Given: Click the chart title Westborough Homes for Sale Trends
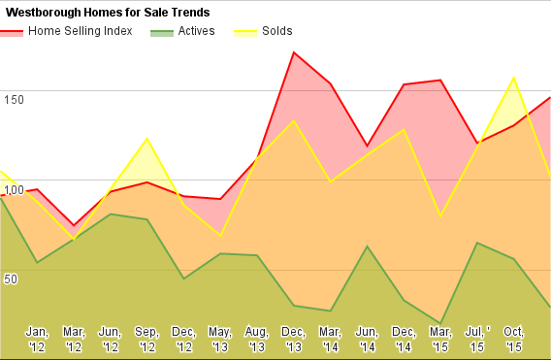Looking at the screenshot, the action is (108, 13).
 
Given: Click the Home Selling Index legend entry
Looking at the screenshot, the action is (66, 31).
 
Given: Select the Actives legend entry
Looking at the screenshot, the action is (182, 31).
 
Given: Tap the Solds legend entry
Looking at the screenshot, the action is (263, 31).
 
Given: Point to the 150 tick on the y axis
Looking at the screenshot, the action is (14, 100).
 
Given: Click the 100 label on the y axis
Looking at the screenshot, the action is (14, 190).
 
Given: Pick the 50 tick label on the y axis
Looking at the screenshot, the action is (11, 279).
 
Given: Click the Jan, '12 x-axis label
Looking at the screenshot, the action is (37, 340).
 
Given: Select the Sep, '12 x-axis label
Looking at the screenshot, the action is (146, 340).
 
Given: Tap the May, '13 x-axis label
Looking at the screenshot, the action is (220, 340).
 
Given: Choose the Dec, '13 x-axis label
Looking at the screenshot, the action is (294, 340).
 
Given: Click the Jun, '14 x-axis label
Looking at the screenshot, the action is (368, 340).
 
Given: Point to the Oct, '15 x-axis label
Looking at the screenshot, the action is (514, 340).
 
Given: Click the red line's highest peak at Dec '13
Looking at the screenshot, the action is (293, 52).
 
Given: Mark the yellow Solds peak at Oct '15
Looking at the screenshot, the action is (514, 78).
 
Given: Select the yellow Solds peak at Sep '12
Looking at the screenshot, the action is (147, 139).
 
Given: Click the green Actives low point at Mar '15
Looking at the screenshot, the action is (440, 323).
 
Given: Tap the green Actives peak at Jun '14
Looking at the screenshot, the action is (368, 246).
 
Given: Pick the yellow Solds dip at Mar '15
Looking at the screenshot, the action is (440, 215).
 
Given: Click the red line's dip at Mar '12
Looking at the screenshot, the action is (74, 225).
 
